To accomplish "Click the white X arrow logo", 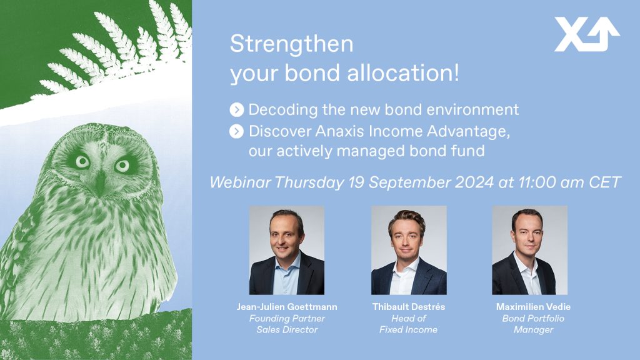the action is point(587,34).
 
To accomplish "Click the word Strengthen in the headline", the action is point(291,44).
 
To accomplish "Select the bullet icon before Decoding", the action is point(237,110).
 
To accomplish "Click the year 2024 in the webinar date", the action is point(474,182).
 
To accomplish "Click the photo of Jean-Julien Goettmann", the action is point(287,250).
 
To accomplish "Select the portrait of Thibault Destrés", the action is point(409,250).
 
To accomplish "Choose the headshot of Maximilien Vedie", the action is point(530,250).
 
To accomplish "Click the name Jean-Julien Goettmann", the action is point(287,307).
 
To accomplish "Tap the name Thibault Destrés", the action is point(409,307).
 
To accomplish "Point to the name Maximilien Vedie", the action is point(534,307).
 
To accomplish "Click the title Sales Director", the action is point(287,330).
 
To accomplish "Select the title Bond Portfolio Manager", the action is point(534,324).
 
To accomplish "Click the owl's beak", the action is point(100,182).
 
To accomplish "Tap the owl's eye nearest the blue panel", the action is point(122,166).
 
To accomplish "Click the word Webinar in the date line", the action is point(240,182).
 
